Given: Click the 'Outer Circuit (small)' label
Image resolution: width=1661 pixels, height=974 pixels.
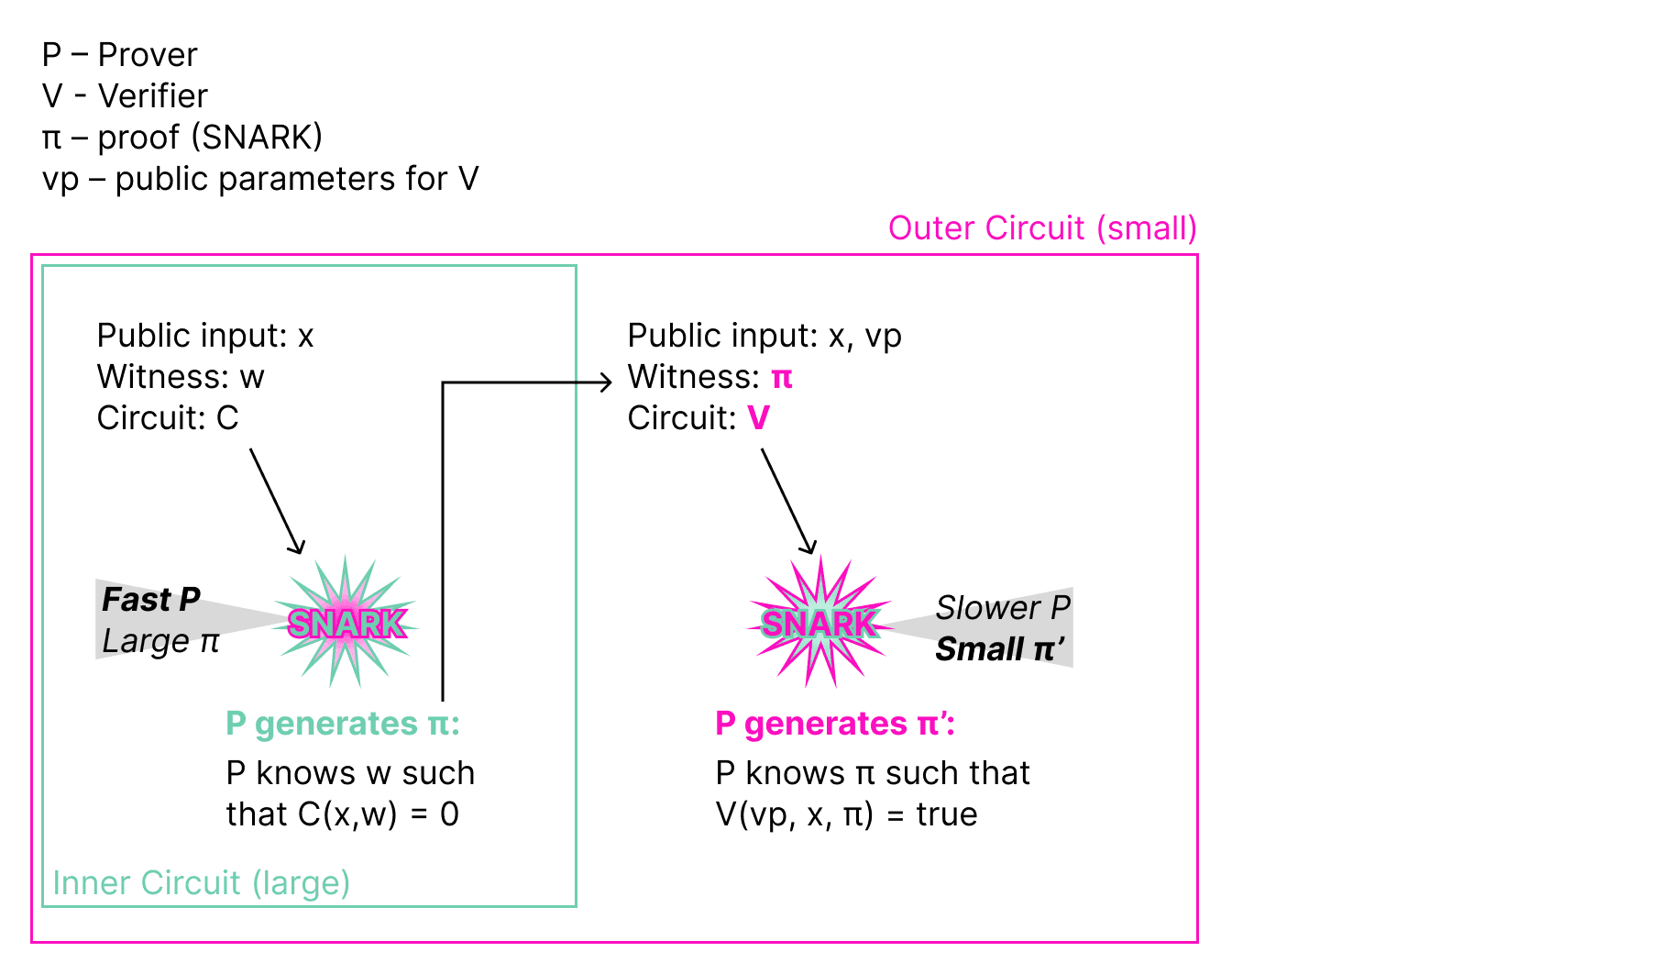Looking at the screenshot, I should coord(1042,228).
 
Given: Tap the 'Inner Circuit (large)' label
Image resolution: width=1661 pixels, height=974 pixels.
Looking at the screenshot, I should coord(201,882).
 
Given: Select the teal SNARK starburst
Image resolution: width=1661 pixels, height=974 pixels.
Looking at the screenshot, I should coord(346,623).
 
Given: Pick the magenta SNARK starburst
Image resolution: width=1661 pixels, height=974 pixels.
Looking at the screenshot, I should coord(819,623).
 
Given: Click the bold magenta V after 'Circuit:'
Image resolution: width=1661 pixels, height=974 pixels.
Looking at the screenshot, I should coord(759,418).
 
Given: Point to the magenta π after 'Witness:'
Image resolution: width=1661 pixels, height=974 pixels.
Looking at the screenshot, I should coord(782,377).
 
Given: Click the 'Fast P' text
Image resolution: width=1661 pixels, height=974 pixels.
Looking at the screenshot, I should coord(151,599).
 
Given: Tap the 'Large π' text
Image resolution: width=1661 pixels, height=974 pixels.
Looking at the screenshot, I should coord(160,640).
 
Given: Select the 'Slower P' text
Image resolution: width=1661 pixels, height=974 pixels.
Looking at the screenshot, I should coord(1003,607).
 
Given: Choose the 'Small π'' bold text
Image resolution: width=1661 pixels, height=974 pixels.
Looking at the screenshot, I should coord(999,649).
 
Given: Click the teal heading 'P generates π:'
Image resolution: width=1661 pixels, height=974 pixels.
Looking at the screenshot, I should coord(343,724).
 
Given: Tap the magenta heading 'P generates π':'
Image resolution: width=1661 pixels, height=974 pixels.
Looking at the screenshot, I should coord(835,724).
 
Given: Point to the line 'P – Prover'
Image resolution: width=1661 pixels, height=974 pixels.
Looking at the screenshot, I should coord(119,55).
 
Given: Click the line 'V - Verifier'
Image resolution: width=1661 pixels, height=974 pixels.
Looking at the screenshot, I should coord(125,96).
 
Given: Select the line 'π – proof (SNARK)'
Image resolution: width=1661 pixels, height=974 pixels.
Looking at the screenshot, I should coord(182,138).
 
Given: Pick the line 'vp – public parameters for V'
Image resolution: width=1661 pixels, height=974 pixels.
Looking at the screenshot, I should coord(260,179).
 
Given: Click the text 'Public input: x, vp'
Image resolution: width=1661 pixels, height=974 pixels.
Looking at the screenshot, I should coord(764,336).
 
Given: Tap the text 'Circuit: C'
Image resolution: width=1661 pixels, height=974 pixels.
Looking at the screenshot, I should coord(168,418).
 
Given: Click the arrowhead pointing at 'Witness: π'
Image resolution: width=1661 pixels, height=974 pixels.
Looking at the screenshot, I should coord(605,382).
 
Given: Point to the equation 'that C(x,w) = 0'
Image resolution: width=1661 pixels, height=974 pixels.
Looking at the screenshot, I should coord(342,814).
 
